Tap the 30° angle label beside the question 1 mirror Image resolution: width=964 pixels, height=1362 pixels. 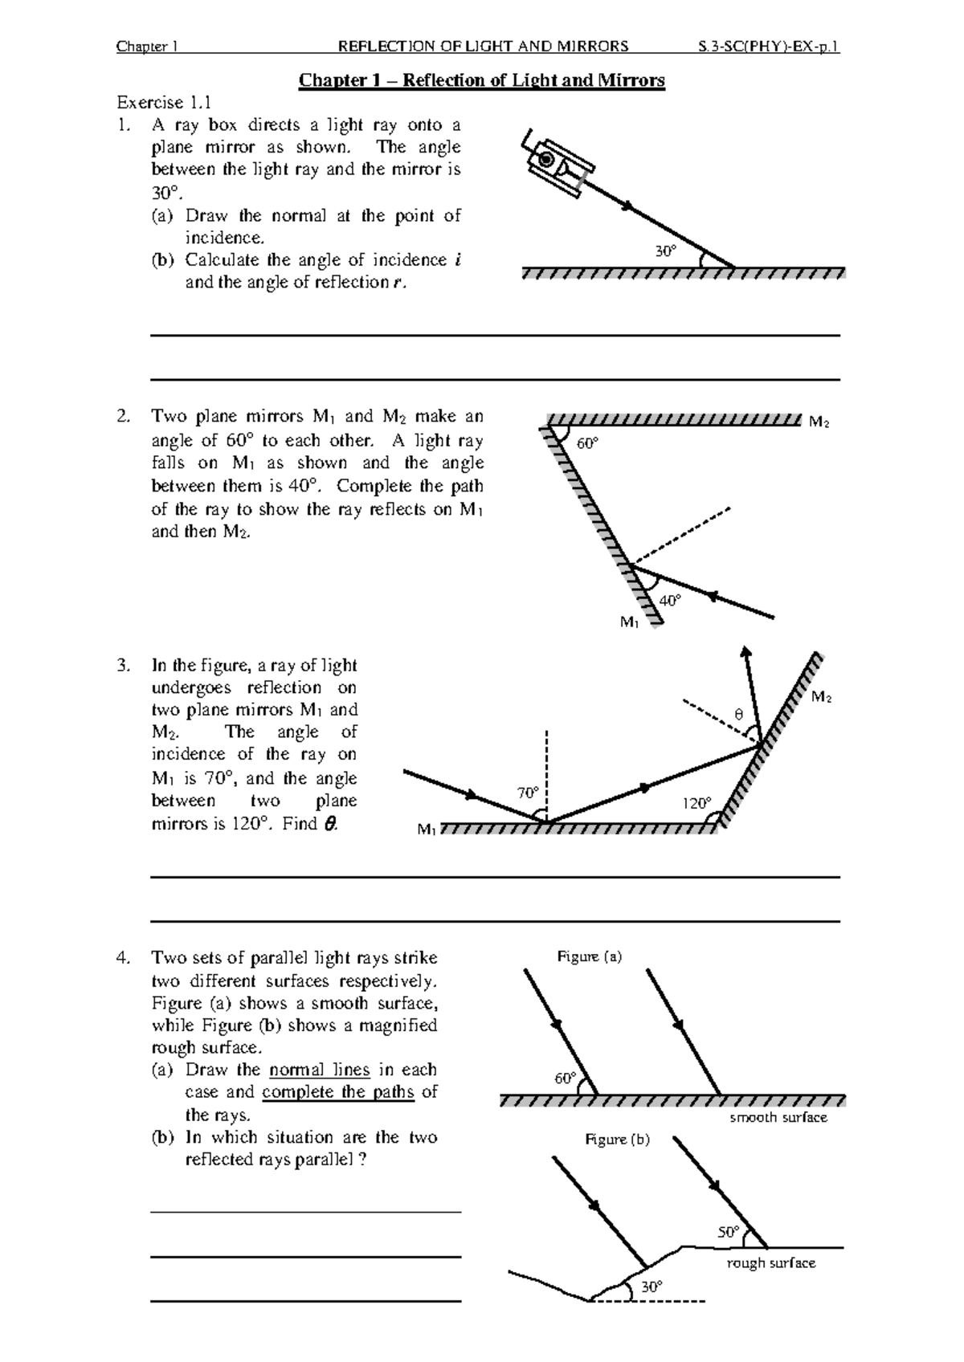coord(666,251)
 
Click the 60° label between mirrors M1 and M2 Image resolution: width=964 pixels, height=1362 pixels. coord(587,443)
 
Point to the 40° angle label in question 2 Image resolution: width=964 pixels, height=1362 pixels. coord(670,600)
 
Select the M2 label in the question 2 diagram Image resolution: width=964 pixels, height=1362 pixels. coord(819,422)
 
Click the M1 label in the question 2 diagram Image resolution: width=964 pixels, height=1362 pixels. coord(629,622)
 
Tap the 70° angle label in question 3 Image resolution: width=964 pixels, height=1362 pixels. coord(528,793)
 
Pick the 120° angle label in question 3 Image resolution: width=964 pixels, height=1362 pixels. coord(696,803)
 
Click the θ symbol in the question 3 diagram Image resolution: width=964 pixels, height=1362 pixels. coord(739,714)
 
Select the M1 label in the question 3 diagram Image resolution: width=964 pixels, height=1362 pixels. coord(427,830)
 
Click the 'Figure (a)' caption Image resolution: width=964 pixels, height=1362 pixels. coord(590,956)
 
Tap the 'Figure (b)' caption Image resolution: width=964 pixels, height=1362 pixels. coord(617,1139)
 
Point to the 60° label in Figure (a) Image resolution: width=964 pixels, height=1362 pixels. coord(566,1078)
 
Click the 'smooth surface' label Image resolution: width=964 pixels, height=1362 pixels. coord(778,1117)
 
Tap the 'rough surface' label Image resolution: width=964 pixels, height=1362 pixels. coord(770,1263)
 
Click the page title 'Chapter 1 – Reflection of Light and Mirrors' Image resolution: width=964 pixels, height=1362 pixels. coord(482,80)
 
